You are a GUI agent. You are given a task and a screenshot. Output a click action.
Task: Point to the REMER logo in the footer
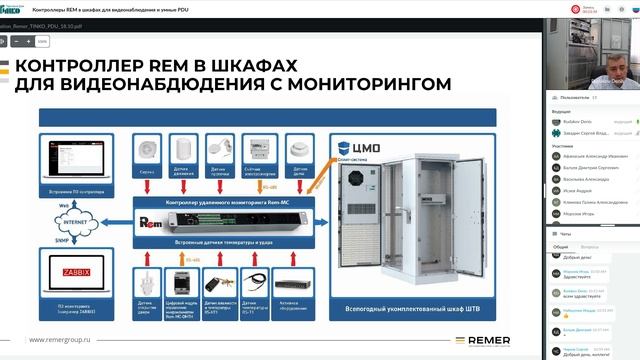[x=492, y=340]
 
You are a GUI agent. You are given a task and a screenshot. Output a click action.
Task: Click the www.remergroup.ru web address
[x=66, y=340]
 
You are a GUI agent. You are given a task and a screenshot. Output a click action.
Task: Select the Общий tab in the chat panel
[x=561, y=245]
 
